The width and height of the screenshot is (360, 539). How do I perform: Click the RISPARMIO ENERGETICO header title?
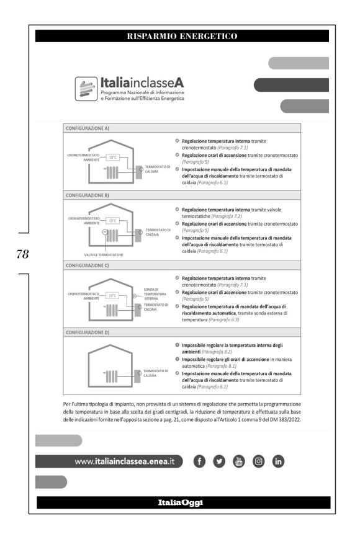[x=182, y=36]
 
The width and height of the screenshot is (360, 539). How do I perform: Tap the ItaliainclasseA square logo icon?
[x=86, y=89]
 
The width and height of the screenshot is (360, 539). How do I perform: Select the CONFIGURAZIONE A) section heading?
[x=88, y=128]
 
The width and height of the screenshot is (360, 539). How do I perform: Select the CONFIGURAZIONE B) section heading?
[x=88, y=195]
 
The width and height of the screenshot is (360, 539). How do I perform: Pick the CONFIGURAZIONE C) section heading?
[x=88, y=265]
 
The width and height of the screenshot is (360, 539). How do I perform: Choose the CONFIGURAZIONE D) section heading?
[x=88, y=332]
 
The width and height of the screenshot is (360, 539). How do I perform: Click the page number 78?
[x=22, y=254]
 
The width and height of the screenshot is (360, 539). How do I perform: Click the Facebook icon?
[x=199, y=461]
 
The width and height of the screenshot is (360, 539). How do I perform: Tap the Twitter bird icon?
[x=219, y=461]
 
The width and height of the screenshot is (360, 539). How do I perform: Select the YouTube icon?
[x=238, y=461]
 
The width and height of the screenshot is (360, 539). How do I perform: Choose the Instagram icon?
[x=259, y=461]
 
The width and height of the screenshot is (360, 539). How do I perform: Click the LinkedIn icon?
[x=278, y=461]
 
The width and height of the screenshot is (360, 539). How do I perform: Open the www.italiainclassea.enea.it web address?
[x=125, y=461]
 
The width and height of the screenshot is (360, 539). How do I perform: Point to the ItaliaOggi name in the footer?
[x=181, y=502]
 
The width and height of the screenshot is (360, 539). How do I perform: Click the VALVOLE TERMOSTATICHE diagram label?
[x=104, y=255]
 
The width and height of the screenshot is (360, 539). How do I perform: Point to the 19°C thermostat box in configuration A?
[x=112, y=157]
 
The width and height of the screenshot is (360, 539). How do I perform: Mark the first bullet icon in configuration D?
[x=177, y=345]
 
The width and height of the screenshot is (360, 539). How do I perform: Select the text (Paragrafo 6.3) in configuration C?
[x=224, y=319]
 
